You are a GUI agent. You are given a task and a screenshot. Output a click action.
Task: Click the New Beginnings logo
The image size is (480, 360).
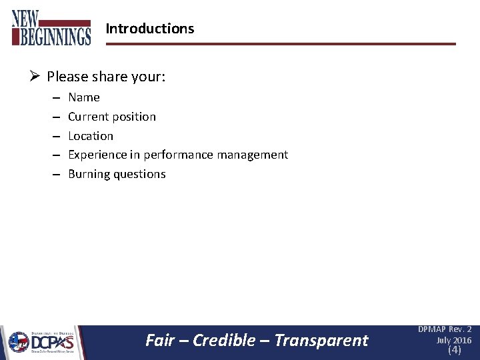[x=51, y=27]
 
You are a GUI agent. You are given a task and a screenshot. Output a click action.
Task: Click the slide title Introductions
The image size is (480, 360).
[x=150, y=29]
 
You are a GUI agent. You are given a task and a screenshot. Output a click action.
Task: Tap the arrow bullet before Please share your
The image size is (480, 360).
[x=36, y=77]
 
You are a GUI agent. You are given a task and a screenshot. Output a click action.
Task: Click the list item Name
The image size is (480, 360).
[x=84, y=97]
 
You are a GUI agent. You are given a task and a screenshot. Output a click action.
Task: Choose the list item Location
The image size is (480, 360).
[x=91, y=136]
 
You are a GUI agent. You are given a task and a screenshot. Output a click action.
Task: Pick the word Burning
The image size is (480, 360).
[x=89, y=174]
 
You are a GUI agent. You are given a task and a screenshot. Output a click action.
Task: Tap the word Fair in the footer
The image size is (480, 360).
[x=160, y=341]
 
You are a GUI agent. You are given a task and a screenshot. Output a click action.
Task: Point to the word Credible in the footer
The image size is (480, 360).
[x=224, y=341]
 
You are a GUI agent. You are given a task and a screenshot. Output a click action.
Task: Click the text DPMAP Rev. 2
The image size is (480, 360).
[x=445, y=329]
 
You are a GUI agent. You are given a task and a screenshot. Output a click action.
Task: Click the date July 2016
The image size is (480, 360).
[x=453, y=340]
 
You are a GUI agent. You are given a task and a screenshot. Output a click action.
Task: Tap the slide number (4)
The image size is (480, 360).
[x=454, y=350]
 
